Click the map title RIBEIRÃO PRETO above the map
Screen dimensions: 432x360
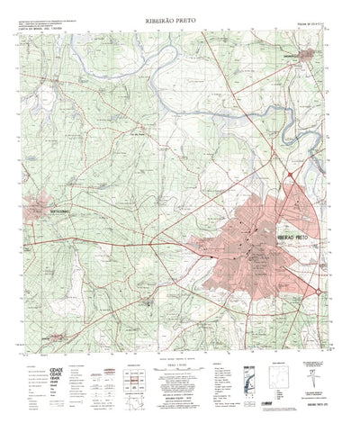[x=179, y=17]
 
